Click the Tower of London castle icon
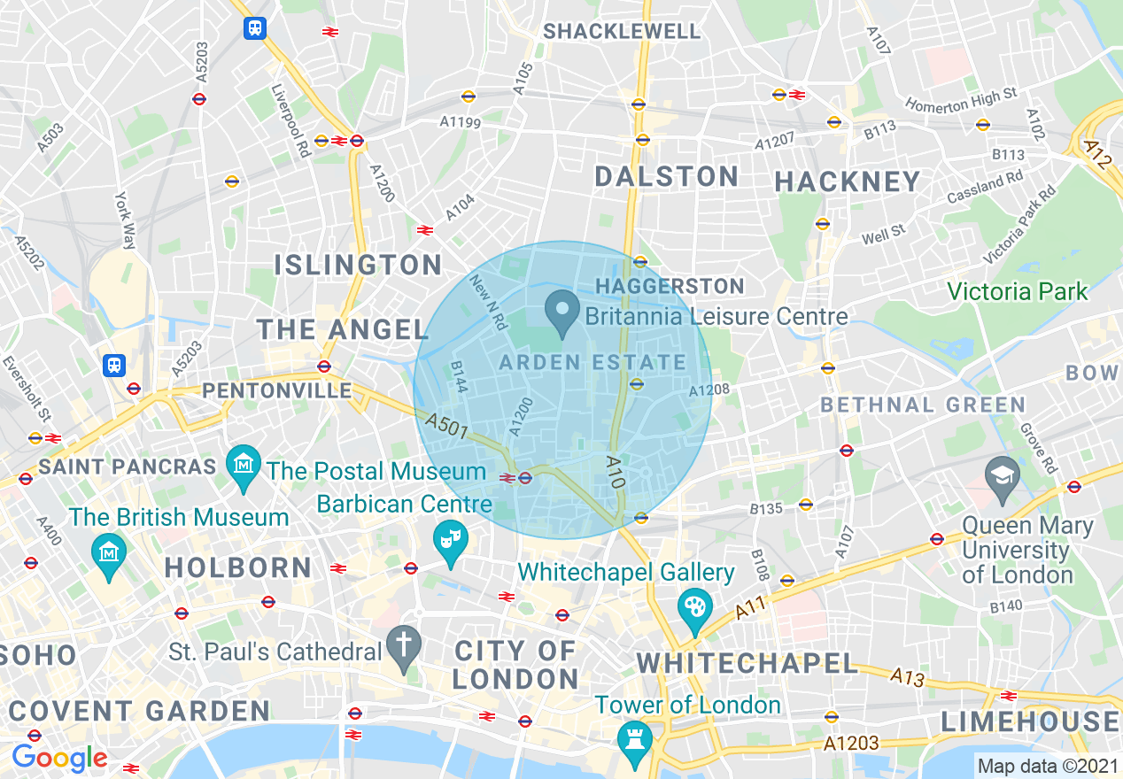click(x=634, y=738)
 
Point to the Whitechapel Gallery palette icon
click(x=695, y=609)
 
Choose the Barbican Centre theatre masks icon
click(x=450, y=540)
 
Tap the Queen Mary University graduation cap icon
click(x=1003, y=475)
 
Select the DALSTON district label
click(x=666, y=176)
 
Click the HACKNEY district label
click(x=848, y=181)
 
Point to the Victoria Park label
click(x=1017, y=290)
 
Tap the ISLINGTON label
click(x=358, y=265)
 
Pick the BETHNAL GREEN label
click(x=922, y=405)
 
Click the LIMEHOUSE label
click(x=1029, y=721)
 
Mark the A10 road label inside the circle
click(x=617, y=473)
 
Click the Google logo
click(x=59, y=758)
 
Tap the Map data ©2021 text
click(x=1047, y=765)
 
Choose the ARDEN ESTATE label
click(x=592, y=362)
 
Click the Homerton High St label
click(x=961, y=99)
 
